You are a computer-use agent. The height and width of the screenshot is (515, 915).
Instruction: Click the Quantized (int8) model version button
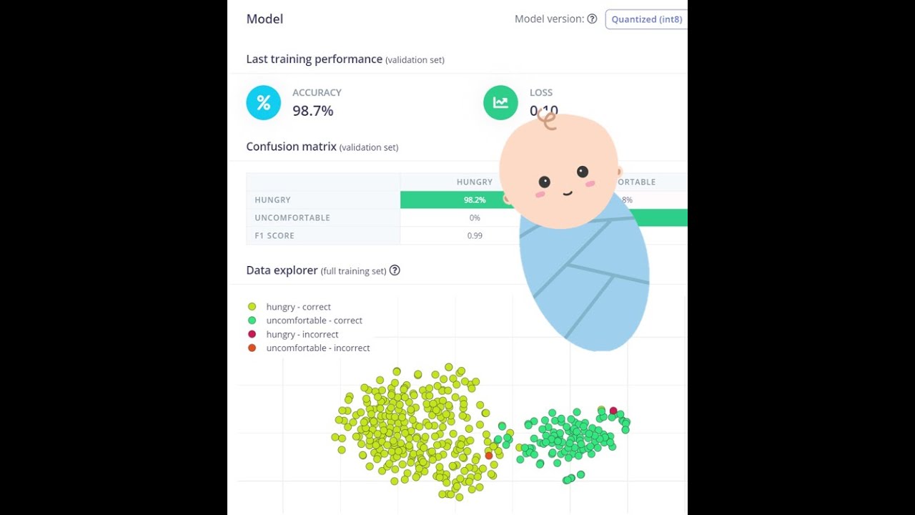(646, 19)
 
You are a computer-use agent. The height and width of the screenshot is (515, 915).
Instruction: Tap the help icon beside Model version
(592, 19)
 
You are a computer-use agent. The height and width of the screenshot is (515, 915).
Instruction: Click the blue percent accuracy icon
(263, 102)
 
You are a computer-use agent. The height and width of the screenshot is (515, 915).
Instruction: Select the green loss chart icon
(500, 102)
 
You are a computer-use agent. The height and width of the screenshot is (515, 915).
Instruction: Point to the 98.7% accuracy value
(312, 111)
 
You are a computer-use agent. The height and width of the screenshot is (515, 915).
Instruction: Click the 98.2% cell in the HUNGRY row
(475, 200)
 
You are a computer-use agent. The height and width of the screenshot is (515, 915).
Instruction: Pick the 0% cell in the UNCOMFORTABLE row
(475, 217)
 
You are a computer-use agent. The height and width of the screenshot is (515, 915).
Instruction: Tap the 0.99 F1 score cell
(475, 235)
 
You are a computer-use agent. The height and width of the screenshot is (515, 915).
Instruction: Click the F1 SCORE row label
(274, 235)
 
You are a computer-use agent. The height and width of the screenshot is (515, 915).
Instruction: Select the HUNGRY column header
(475, 182)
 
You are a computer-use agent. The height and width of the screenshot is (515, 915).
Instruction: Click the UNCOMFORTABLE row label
(292, 217)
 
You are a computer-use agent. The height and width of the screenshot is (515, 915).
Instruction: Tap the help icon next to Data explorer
(395, 270)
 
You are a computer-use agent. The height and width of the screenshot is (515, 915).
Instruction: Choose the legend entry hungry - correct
(298, 307)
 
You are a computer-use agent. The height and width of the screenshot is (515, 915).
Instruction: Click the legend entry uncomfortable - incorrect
(317, 348)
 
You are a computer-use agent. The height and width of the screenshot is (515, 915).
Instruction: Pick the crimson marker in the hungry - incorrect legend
(252, 334)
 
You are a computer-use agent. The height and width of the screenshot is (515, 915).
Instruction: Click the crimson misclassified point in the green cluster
(613, 411)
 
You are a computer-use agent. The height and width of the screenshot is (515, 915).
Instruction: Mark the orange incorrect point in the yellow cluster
(489, 456)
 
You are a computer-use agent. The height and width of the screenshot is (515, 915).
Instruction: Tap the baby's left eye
(544, 182)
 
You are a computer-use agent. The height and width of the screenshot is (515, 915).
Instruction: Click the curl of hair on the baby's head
(547, 119)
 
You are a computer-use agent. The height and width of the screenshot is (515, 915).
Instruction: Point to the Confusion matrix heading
(291, 147)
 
